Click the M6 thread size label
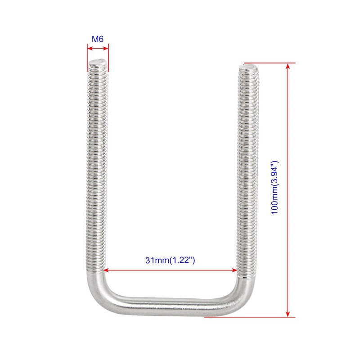click(x=98, y=39)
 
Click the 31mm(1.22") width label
click(x=170, y=260)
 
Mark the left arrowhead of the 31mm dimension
click(x=106, y=270)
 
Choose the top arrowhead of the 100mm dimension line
click(x=288, y=66)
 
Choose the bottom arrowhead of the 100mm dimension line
click(x=288, y=314)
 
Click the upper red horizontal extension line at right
click(x=270, y=63)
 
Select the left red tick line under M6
click(x=87, y=58)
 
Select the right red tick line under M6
click(x=108, y=58)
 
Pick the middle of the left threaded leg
click(x=96, y=166)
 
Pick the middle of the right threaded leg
click(x=247, y=171)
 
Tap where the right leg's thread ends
click(x=246, y=277)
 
